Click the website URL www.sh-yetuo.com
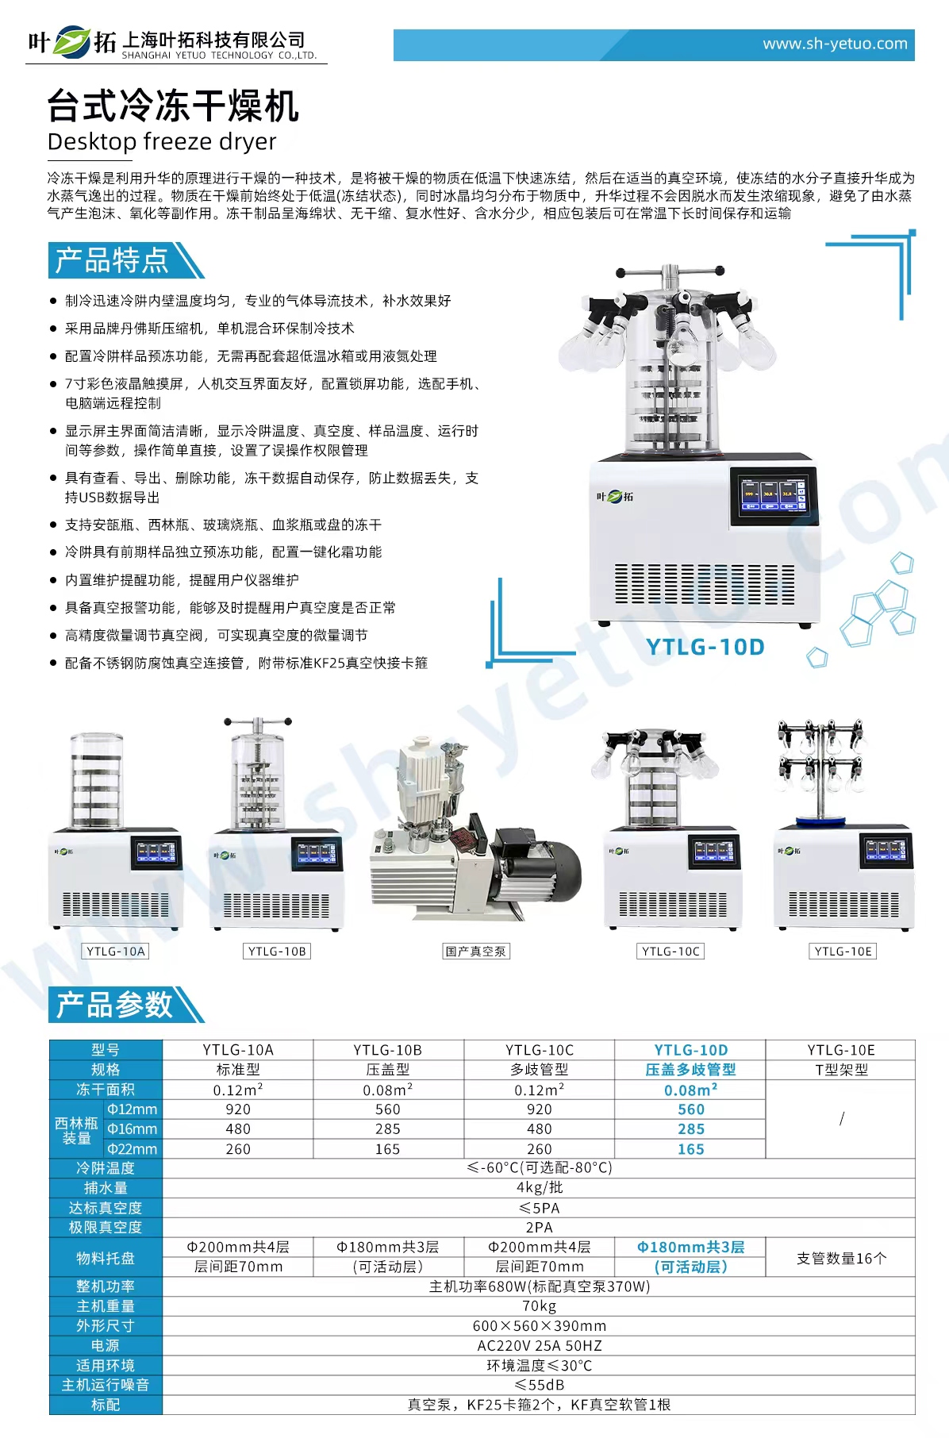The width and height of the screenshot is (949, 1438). coord(835,44)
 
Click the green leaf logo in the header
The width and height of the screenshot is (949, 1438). coord(72,42)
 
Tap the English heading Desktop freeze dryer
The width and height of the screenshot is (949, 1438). coord(162,142)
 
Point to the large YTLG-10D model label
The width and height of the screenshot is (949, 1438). coord(705,647)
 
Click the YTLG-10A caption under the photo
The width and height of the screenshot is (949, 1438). coord(116,952)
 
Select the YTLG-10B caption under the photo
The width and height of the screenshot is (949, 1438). coord(276,952)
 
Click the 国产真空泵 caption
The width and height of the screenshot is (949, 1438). coord(475,952)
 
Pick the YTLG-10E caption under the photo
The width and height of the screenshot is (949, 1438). coord(843,952)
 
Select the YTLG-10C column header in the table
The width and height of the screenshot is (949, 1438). coord(539,1050)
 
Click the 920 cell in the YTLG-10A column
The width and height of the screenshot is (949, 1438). coord(238,1109)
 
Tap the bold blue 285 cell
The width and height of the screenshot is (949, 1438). coord(690,1129)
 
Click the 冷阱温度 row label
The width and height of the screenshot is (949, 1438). coord(106,1168)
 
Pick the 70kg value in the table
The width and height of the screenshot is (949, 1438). coord(539,1306)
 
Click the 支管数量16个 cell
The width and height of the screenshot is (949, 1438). coord(841,1258)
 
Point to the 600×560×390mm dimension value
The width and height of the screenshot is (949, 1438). coord(539,1326)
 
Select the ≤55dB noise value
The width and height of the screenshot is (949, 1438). coord(539,1385)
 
